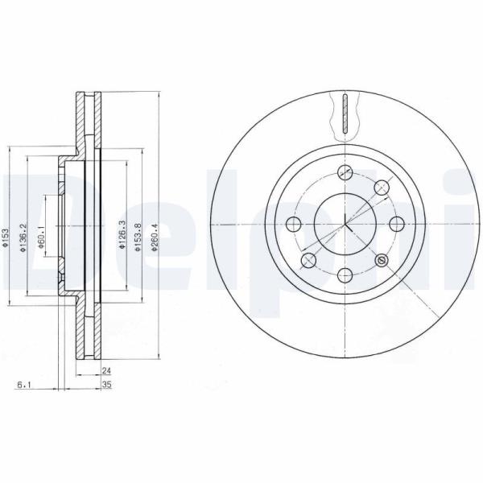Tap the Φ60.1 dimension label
(40, 237)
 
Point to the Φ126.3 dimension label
(122, 235)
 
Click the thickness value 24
(106, 371)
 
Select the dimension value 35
(106, 385)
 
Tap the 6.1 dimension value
(23, 385)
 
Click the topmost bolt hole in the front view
(345, 172)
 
